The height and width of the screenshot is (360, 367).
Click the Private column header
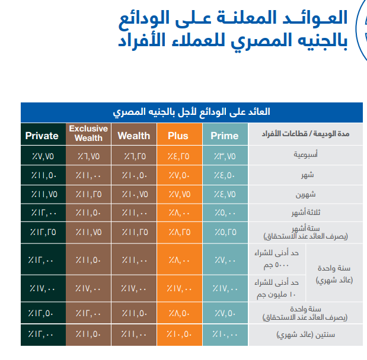[42, 136]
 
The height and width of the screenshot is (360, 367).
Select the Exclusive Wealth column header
[88, 133]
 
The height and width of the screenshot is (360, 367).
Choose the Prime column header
[225, 136]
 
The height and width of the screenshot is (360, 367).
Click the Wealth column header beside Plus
[134, 136]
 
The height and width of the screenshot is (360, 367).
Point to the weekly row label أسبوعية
[306, 155]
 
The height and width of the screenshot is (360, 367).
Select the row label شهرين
[306, 194]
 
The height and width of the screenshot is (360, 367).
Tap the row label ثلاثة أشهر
[306, 213]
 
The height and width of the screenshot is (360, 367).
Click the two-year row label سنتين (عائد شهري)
[306, 335]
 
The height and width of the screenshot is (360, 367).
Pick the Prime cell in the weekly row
[225, 156]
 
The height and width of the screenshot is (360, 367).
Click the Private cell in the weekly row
[43, 156]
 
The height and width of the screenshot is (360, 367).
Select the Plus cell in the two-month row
[180, 194]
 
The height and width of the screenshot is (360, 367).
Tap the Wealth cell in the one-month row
[135, 175]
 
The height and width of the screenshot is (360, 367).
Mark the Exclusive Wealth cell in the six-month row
[89, 232]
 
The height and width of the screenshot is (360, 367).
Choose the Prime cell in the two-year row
[225, 335]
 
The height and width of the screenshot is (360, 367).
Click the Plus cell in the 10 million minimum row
[179, 289]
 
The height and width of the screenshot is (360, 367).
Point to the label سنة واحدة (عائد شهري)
[334, 274]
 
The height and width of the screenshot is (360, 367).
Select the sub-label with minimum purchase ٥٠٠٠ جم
[276, 259]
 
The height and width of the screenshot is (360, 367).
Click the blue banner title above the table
[192, 112]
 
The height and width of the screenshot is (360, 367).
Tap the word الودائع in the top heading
[144, 18]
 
